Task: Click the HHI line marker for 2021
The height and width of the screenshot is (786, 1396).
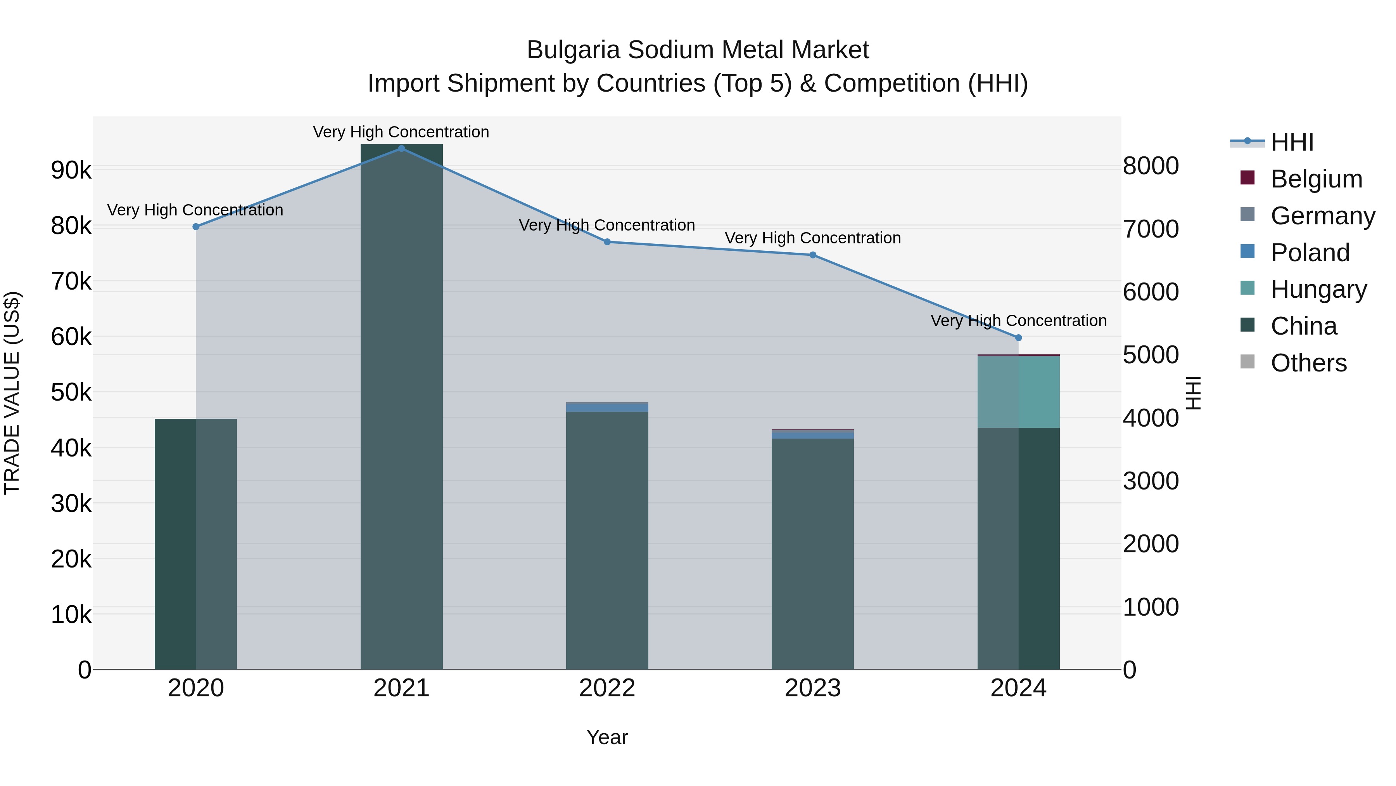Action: [x=401, y=148]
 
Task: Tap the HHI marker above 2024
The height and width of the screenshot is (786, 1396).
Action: [x=1018, y=337]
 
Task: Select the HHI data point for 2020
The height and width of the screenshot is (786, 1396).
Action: [x=196, y=227]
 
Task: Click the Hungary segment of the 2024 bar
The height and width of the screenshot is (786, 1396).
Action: [x=1018, y=392]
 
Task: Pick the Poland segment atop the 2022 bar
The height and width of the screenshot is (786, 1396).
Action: [x=606, y=407]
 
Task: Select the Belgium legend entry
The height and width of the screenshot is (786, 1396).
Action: [x=1316, y=179]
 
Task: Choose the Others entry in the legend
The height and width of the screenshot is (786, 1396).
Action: [x=1308, y=363]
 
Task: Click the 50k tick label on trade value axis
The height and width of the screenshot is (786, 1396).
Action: [x=71, y=392]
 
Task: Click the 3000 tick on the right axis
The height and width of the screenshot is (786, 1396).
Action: [x=1151, y=481]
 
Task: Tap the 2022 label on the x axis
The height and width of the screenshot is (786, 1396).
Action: [x=606, y=688]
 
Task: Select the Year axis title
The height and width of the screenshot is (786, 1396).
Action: [x=606, y=737]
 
